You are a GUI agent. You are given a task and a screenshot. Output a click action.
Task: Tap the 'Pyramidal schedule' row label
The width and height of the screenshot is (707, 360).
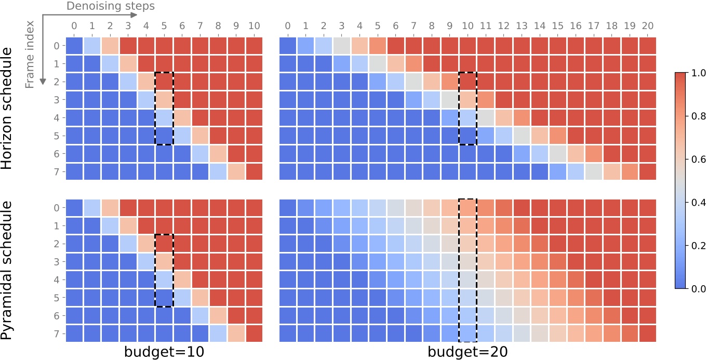[x=7, y=271]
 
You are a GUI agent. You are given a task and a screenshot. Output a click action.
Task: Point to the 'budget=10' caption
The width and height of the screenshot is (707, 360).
[x=164, y=352]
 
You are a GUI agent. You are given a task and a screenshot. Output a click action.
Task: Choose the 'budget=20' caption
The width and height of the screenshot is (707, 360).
[x=468, y=352]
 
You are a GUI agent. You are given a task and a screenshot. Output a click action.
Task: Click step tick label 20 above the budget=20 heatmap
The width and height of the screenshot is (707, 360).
[x=647, y=26]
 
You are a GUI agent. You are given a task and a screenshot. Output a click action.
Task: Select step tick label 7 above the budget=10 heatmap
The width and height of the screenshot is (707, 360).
[x=200, y=26]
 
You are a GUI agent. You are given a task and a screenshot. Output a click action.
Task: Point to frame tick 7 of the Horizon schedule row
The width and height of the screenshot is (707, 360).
[x=56, y=171]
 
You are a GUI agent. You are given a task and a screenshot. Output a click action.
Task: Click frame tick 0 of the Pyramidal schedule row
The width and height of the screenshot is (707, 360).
[x=56, y=208]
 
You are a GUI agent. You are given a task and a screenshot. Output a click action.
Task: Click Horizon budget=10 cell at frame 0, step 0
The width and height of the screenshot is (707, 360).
[x=75, y=46]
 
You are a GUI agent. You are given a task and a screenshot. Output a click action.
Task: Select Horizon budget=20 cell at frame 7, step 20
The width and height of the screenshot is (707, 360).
[x=647, y=171]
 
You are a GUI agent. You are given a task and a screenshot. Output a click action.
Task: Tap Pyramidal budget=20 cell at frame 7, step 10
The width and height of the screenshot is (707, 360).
[x=468, y=334]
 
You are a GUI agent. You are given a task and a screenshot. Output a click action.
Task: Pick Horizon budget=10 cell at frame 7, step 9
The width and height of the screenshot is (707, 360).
[x=235, y=171]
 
